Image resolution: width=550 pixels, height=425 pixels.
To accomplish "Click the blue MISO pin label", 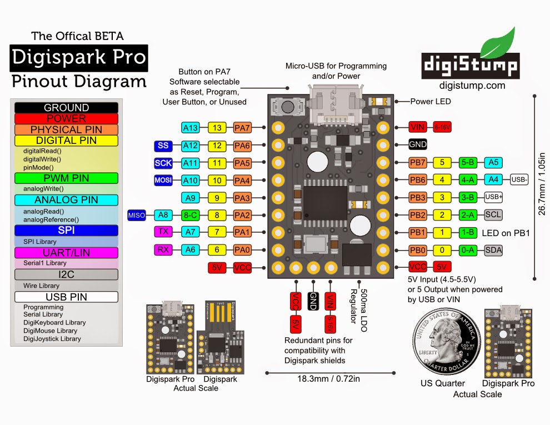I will [137, 215].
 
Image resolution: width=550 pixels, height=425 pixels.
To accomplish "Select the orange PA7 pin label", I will [243, 128].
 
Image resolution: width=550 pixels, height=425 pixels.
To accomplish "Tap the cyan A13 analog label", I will [191, 128].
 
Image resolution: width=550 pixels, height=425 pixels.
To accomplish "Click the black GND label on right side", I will [417, 144].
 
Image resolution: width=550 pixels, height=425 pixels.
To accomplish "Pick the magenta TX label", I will [163, 232].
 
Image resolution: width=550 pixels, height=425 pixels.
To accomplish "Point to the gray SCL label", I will [493, 214].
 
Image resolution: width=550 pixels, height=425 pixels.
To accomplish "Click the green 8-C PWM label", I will [191, 215].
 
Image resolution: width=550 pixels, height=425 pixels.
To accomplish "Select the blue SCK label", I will [163, 163].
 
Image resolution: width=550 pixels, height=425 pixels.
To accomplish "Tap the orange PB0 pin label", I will [417, 250].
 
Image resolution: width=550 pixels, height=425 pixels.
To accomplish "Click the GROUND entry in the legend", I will [66, 108].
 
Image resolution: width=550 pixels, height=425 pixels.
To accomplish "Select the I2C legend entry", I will [66, 274].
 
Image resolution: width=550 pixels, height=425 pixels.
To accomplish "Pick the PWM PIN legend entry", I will [66, 178].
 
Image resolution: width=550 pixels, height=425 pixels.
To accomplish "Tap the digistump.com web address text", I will [472, 85].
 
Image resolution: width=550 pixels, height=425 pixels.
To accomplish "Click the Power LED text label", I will [431, 102].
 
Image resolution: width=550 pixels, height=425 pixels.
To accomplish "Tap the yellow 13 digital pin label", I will [217, 128].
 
